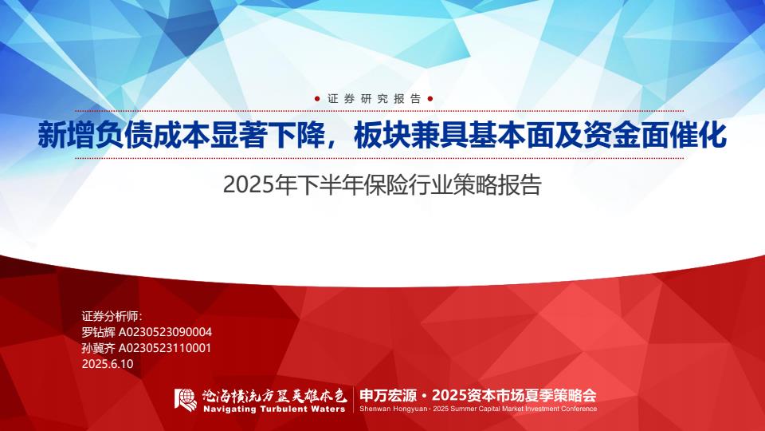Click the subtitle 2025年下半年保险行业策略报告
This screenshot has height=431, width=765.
[382, 185]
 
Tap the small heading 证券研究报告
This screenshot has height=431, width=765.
[374, 99]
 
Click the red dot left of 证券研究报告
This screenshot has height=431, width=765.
[317, 99]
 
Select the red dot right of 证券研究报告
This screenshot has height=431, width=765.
[430, 99]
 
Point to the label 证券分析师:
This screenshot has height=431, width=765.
[112, 316]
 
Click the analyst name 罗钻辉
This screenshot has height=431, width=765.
[98, 332]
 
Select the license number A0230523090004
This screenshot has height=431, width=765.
[166, 332]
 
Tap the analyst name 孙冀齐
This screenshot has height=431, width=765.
[98, 348]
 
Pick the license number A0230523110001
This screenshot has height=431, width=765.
[165, 348]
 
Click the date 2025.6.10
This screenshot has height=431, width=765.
[108, 364]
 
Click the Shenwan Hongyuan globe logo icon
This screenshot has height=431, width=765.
[186, 400]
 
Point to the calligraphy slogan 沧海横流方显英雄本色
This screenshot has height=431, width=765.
[274, 395]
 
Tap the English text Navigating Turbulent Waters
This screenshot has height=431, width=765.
[274, 409]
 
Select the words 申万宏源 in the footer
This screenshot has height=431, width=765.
[388, 395]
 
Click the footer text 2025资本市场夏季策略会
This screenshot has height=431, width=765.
[514, 395]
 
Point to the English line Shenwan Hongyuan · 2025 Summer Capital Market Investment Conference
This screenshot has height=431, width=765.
[478, 409]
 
